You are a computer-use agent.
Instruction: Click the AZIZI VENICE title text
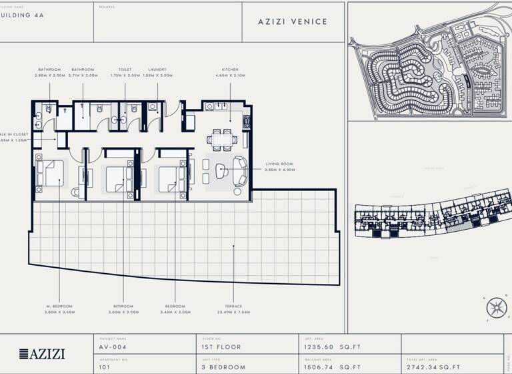pos(293,21)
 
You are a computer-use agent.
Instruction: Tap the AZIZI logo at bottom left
pos(42,354)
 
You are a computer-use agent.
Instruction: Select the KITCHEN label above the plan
pos(230,69)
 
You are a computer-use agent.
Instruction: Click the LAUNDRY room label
pos(157,69)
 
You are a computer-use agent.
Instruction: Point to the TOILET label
pos(125,69)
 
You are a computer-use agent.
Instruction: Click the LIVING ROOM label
pos(280,164)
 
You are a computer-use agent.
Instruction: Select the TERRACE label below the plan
pos(233,306)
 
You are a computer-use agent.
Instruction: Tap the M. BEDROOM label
pos(59,306)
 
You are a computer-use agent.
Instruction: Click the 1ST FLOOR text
pos(221,347)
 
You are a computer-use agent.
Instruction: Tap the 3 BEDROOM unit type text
pos(223,367)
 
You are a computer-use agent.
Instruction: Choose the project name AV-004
pos(112,347)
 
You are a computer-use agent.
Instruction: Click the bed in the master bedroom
pos(51,173)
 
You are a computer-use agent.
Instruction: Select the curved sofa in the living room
pos(240,171)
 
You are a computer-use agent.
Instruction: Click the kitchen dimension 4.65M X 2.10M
pos(230,75)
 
